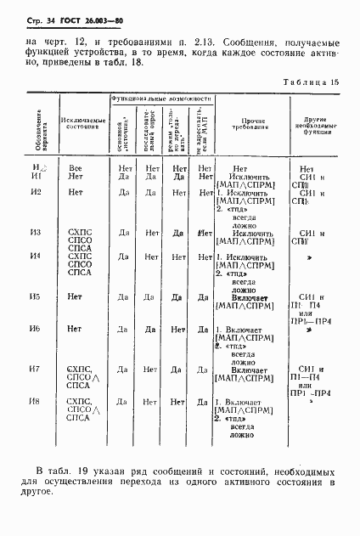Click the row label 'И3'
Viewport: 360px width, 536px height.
(35, 232)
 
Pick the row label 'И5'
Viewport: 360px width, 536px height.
(35, 296)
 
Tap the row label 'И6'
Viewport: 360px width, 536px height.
(35, 329)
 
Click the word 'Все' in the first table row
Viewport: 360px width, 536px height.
(76, 168)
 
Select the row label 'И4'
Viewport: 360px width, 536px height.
(35, 256)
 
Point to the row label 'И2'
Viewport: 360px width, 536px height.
(35, 192)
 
